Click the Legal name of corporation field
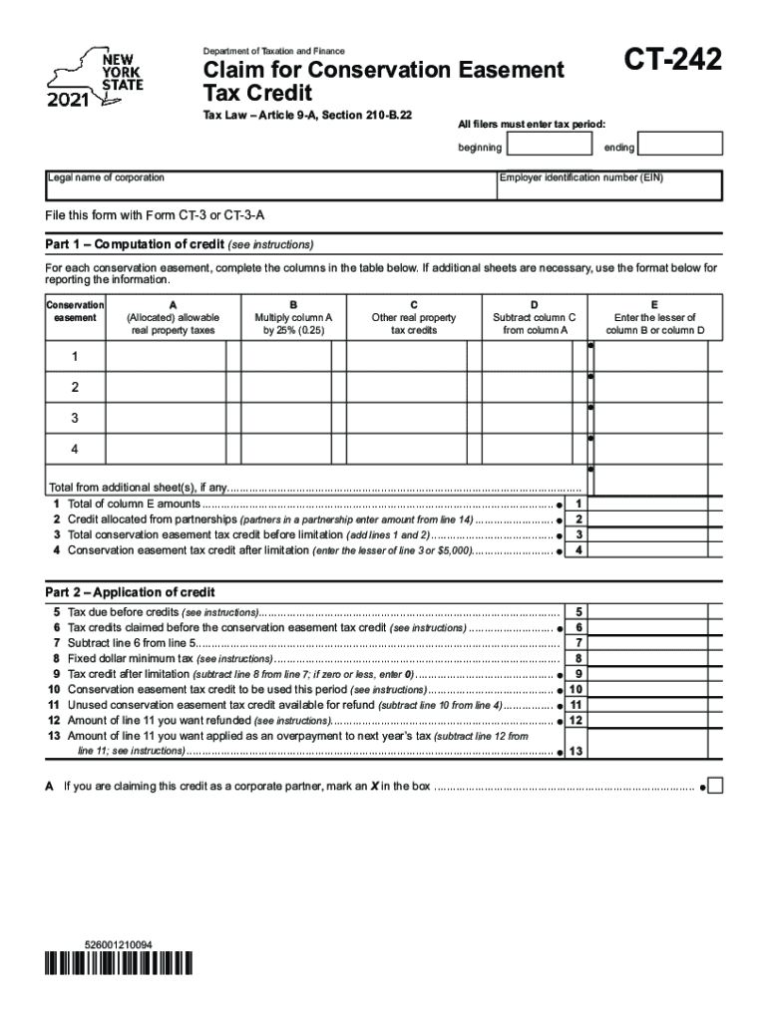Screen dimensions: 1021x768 click(x=269, y=185)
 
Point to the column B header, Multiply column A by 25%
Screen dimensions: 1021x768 click(x=293, y=317)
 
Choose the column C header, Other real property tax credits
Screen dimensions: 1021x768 click(x=413, y=317)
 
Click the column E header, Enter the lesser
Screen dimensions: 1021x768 click(x=654, y=317)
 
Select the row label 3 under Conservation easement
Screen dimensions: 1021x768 click(x=74, y=418)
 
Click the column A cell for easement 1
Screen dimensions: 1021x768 click(x=166, y=356)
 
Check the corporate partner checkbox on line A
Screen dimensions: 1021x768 click(x=714, y=786)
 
